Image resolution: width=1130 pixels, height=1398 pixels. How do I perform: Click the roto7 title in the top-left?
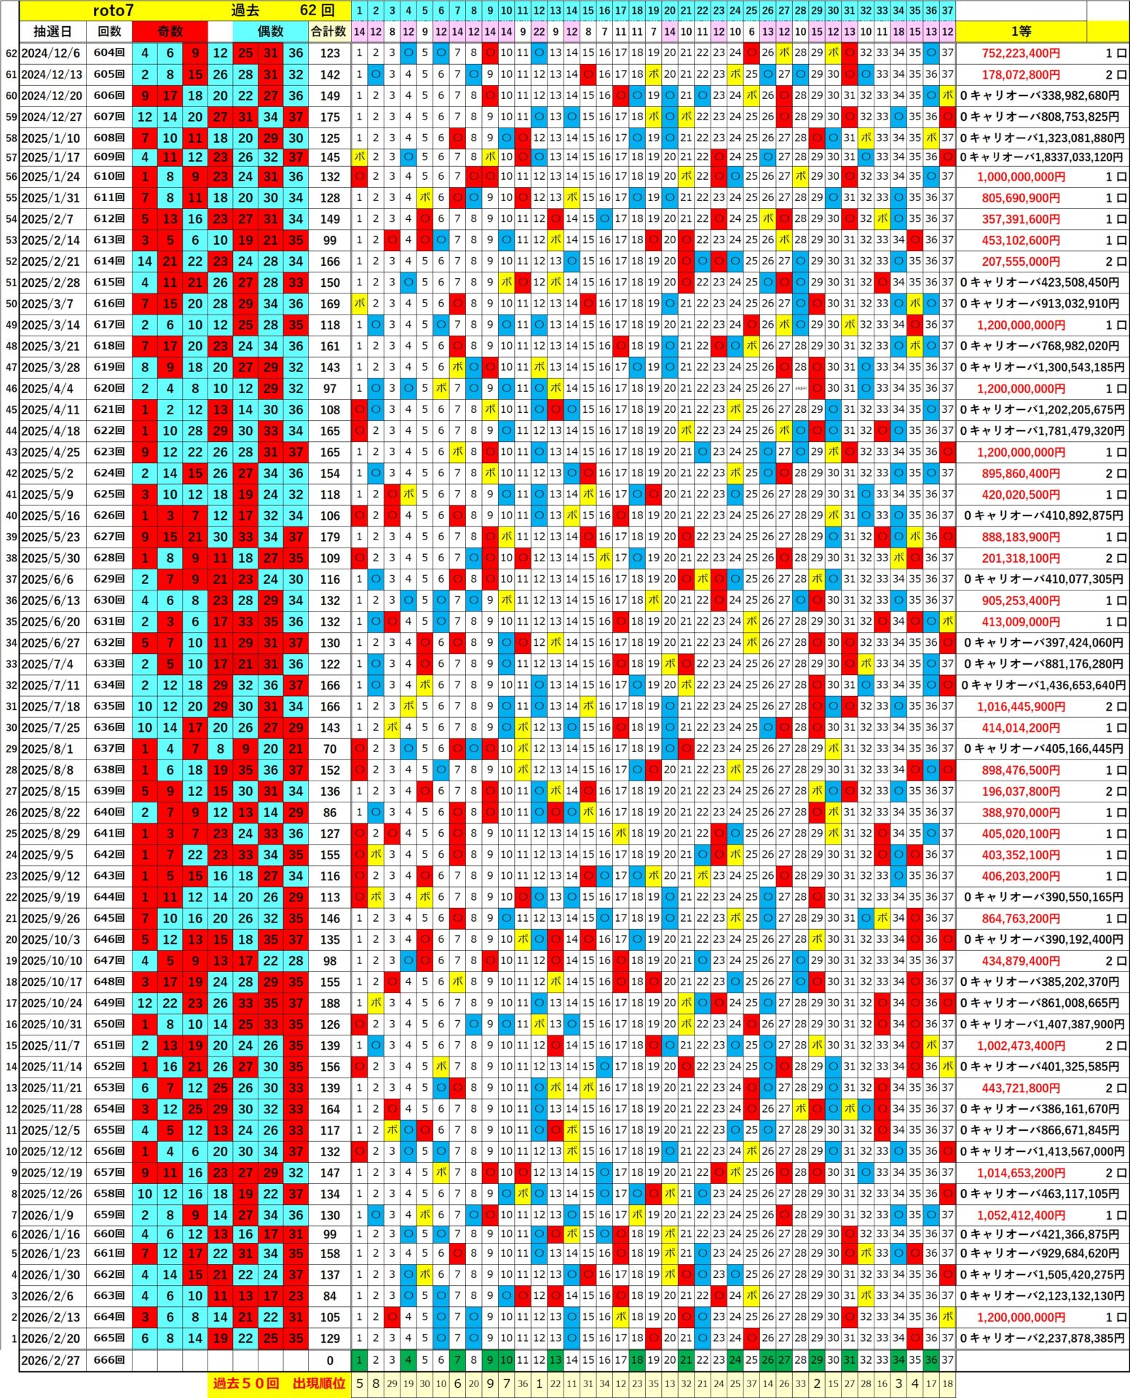(x=114, y=10)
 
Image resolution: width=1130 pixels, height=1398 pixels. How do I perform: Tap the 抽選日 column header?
(x=52, y=32)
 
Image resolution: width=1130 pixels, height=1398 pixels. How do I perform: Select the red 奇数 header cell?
(x=170, y=32)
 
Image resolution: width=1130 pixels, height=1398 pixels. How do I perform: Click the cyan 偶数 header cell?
(x=270, y=32)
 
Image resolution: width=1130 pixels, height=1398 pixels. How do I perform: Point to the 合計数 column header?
(x=328, y=32)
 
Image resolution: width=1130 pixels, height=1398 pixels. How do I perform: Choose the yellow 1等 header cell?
(x=1021, y=32)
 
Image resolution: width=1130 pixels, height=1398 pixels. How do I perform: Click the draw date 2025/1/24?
(x=51, y=177)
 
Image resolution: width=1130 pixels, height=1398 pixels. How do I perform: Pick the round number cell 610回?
(x=109, y=177)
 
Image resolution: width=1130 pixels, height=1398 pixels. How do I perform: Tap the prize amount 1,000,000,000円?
(x=1021, y=177)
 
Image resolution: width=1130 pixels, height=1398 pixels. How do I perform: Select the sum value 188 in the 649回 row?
(x=330, y=1003)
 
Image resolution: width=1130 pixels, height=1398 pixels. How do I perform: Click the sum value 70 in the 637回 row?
(x=330, y=749)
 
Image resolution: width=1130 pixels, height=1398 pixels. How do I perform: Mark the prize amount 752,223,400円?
(x=1021, y=53)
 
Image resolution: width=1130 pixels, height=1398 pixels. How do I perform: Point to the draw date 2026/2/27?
(x=51, y=1360)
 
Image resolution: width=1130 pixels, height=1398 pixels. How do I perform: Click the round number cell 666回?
(x=109, y=1360)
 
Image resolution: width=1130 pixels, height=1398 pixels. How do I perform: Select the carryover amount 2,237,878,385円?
(x=1043, y=1338)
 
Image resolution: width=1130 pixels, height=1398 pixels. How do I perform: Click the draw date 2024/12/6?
(x=51, y=53)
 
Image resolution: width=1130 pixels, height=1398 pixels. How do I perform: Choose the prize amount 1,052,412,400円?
(x=1021, y=1215)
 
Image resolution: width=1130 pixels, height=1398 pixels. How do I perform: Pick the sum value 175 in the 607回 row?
(x=330, y=116)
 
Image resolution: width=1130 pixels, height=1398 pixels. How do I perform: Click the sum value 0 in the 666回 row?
(x=330, y=1360)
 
